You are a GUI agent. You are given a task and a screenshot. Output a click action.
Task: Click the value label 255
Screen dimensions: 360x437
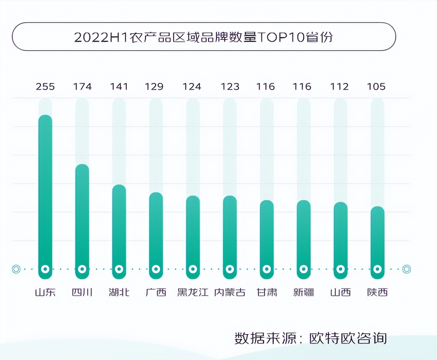45,86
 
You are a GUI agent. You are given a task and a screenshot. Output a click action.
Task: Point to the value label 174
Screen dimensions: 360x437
82,86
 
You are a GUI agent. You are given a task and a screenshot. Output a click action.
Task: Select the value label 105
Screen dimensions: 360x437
376,86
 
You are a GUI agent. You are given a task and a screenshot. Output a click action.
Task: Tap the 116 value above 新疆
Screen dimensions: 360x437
302,86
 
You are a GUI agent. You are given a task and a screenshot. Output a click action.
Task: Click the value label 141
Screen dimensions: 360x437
119,86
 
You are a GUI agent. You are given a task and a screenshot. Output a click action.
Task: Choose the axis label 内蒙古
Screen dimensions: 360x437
230,293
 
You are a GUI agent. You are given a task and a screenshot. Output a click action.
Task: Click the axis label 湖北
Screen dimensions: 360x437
119,293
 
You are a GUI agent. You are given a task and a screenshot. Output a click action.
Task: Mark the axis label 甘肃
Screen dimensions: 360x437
267,293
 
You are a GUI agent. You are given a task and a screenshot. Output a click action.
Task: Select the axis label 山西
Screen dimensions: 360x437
340,293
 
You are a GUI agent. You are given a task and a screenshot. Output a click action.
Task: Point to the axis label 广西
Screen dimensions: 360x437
156,293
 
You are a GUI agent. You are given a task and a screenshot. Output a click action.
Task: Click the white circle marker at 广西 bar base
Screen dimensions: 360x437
156,269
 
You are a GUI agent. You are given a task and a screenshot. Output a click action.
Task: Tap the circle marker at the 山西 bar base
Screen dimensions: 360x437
340,269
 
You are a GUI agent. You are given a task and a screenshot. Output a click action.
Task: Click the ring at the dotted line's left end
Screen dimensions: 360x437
16,269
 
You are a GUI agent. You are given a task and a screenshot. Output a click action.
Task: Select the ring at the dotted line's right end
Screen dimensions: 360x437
406,269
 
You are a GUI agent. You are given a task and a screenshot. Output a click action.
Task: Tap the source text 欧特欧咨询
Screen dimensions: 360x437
348,338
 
